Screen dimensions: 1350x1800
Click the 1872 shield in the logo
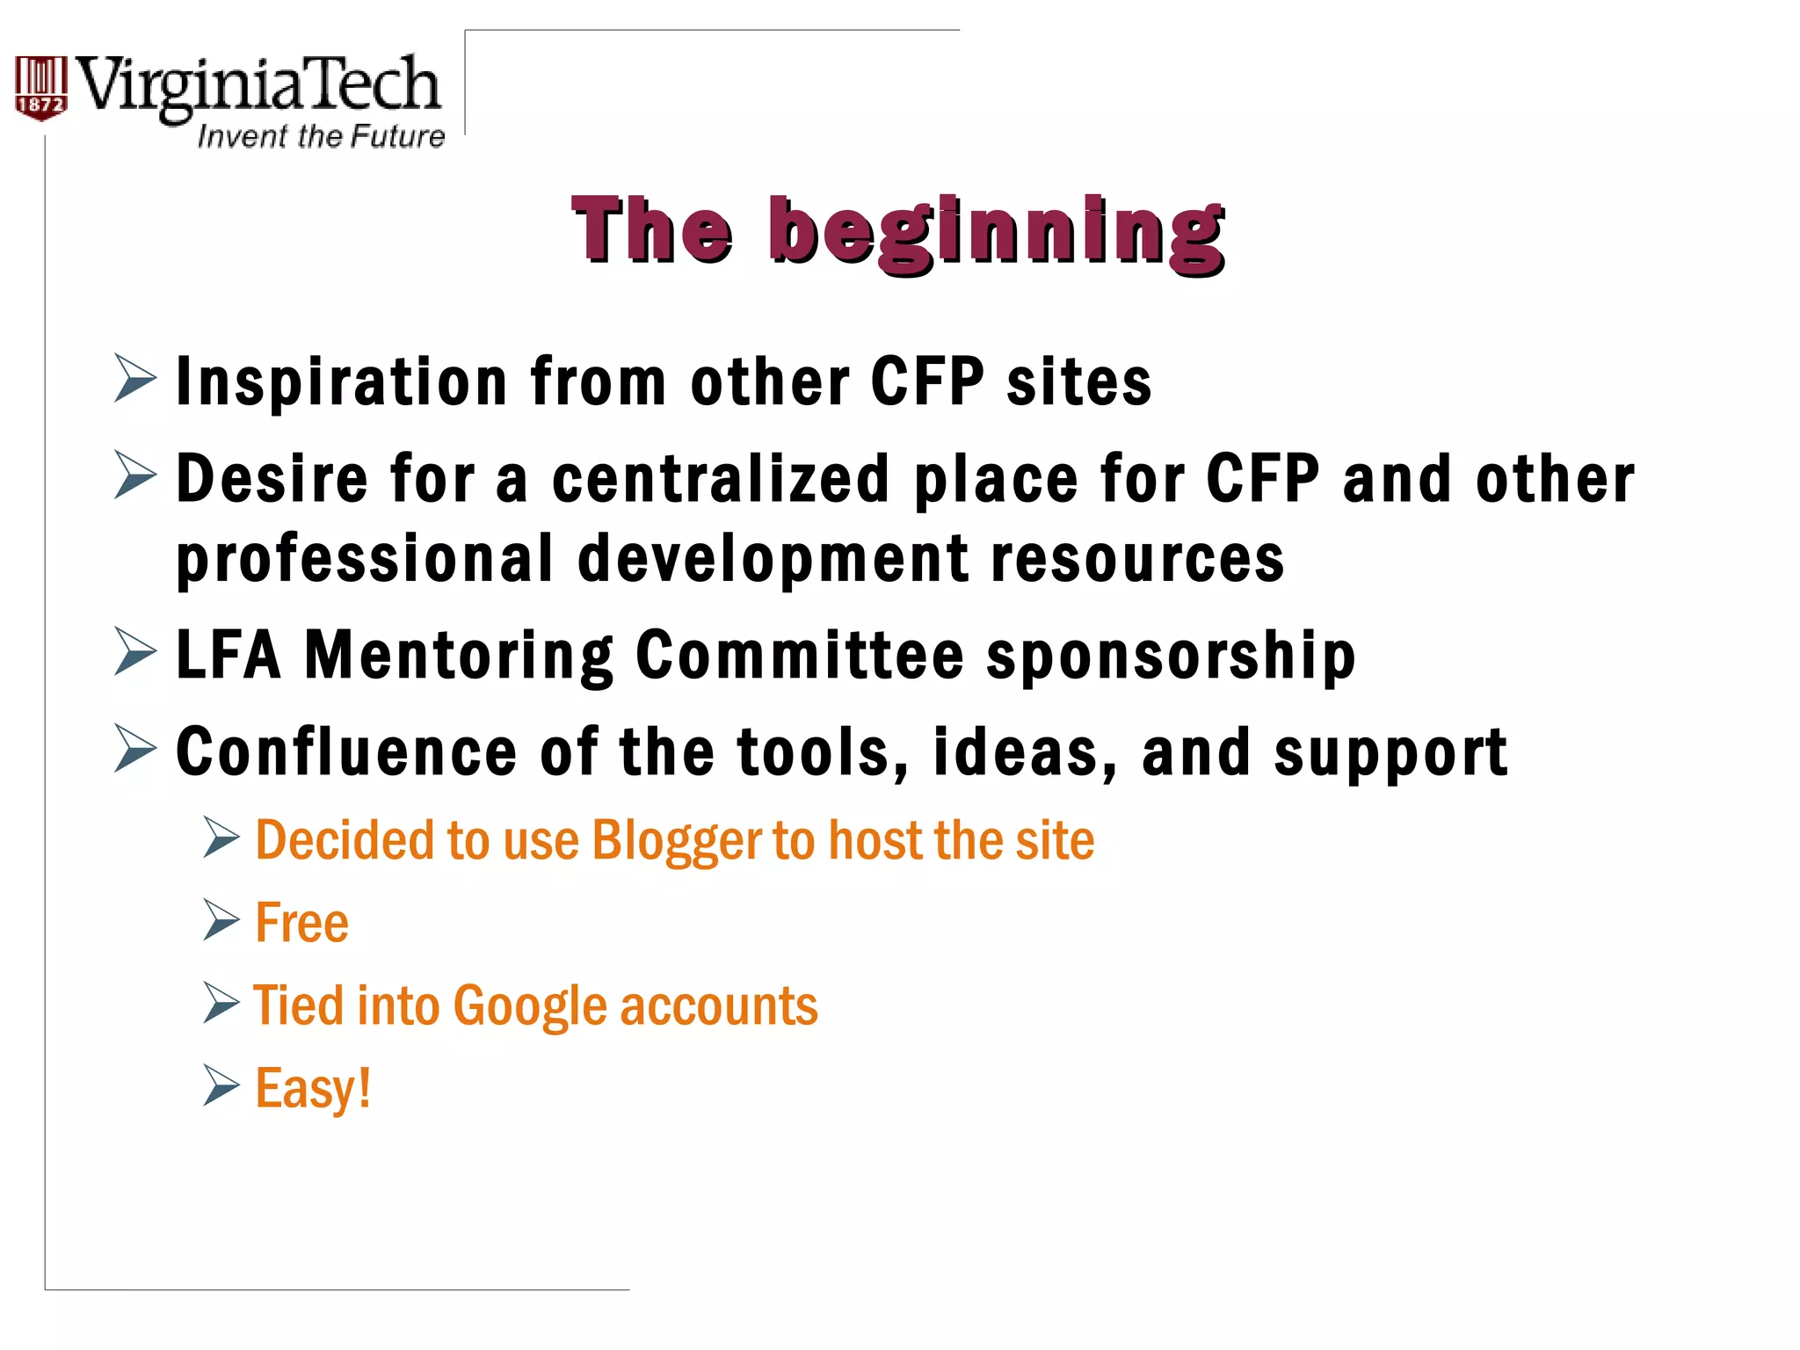[40, 88]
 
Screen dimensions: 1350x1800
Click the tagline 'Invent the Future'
[321, 136]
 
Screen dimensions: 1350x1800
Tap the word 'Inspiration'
[342, 383]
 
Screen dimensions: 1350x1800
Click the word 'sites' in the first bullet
[1078, 383]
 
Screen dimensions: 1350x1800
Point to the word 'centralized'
[721, 480]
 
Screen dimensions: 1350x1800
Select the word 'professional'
[365, 560]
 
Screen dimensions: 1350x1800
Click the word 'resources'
[1137, 560]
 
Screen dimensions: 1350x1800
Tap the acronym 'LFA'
[229, 656]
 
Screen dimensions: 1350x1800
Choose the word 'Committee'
[800, 656]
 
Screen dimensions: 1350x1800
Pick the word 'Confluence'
[346, 753]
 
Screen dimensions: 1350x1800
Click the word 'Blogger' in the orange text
[676, 841]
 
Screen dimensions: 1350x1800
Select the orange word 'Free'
[301, 924]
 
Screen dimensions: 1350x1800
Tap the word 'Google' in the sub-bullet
[530, 1006]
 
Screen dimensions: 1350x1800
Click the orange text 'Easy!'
[313, 1089]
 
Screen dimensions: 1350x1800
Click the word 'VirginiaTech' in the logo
[258, 86]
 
